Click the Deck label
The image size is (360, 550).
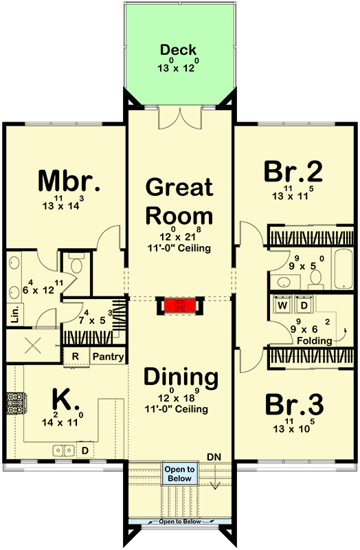[x=179, y=50]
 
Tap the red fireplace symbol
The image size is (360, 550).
[x=180, y=305]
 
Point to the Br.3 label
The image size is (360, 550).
[x=293, y=403]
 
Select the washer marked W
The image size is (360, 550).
[x=282, y=305]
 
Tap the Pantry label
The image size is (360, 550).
[x=108, y=357]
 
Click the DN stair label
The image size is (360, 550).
[x=216, y=456]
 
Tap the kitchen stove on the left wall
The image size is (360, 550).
[x=14, y=401]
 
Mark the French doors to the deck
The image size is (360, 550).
[x=179, y=118]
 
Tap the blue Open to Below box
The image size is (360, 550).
[x=179, y=474]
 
